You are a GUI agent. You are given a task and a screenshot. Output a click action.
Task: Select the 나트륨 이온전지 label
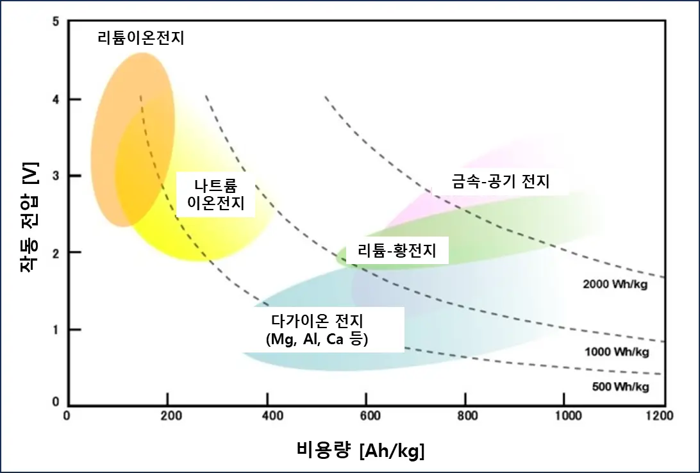click(x=216, y=195)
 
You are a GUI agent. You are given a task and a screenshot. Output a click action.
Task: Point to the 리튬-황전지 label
click(x=397, y=251)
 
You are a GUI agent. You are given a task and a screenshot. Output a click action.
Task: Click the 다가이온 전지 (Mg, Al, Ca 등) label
click(x=317, y=329)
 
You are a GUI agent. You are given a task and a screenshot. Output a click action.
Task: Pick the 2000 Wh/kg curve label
click(x=615, y=284)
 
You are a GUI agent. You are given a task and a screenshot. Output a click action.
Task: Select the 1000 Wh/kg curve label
click(x=617, y=352)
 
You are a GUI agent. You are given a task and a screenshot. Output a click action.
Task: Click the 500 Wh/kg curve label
click(x=619, y=386)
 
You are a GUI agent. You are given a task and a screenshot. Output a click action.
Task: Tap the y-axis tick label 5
click(x=55, y=22)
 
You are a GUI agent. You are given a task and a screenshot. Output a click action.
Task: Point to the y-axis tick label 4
click(x=55, y=99)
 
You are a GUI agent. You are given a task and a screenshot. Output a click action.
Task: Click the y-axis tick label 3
click(x=55, y=176)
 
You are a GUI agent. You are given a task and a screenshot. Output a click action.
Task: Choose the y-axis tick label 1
click(x=55, y=329)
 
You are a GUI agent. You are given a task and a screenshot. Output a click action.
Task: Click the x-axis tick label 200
click(x=168, y=415)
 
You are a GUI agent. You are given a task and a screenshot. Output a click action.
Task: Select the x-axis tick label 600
click(x=367, y=415)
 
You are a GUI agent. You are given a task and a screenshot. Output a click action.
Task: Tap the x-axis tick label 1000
click(x=565, y=415)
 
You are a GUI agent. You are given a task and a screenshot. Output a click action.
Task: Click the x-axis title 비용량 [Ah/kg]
click(x=361, y=450)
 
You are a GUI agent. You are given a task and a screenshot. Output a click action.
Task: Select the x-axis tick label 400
click(x=267, y=415)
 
